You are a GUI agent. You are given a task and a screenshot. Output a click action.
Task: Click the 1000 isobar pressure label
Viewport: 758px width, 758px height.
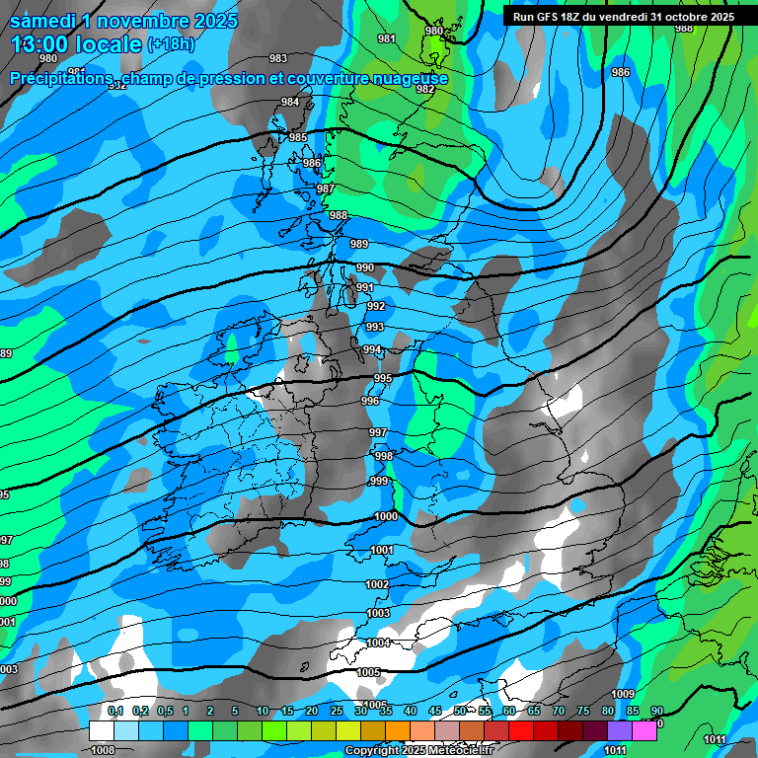tap(386, 516)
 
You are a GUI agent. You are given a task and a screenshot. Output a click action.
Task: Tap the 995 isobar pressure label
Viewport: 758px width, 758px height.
tap(383, 378)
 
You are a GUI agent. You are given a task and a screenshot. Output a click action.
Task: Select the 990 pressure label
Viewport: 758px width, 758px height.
tap(364, 267)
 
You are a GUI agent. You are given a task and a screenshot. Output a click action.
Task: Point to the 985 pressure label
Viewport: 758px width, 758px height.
tap(298, 137)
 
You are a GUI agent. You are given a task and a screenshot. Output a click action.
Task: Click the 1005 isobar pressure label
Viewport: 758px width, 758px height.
tap(369, 672)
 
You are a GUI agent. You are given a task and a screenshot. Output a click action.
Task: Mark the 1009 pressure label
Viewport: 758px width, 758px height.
tap(623, 695)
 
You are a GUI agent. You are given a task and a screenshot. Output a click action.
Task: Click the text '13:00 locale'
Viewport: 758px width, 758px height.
tap(76, 43)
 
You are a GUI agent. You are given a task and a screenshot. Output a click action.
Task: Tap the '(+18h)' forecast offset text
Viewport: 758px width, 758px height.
tap(171, 44)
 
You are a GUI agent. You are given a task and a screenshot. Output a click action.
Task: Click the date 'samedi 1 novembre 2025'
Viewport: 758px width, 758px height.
tap(123, 21)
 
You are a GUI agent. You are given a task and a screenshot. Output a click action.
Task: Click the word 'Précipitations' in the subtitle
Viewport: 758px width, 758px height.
tap(58, 78)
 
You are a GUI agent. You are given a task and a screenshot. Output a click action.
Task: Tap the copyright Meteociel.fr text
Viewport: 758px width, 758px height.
tap(418, 751)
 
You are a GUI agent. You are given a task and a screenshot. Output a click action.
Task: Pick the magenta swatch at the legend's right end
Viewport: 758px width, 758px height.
tap(644, 730)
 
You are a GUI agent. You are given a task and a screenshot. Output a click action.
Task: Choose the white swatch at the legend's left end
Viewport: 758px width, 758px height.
tap(101, 730)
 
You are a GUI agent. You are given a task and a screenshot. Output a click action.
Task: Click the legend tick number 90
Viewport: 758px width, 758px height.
tap(656, 712)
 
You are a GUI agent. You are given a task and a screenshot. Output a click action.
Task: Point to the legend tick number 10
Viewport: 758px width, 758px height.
tap(263, 712)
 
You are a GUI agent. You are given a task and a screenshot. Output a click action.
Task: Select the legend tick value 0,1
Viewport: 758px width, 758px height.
tap(115, 712)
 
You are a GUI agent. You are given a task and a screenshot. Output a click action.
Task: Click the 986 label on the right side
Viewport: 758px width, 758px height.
tap(620, 72)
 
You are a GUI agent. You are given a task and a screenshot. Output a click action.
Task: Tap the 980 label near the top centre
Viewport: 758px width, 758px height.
tap(433, 31)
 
